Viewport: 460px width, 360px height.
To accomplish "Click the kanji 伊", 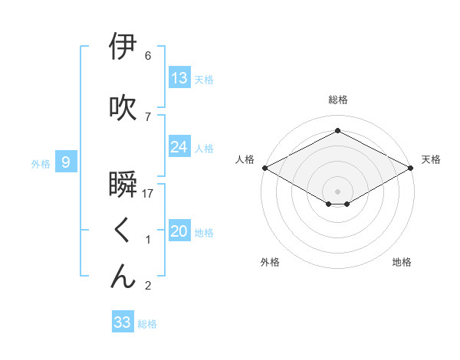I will [123, 47].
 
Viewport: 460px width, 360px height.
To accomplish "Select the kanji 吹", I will [123, 108].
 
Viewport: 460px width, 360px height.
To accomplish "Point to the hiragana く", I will [123, 231].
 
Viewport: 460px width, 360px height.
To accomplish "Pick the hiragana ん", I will [123, 277].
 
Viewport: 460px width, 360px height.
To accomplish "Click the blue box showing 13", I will [179, 78].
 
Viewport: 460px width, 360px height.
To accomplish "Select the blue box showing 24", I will [179, 147].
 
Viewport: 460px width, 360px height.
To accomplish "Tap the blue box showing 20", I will [179, 231].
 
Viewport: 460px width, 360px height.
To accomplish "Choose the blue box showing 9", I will [67, 162].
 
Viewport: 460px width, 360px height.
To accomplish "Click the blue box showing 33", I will [123, 322].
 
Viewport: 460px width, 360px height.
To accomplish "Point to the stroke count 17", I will [148, 194].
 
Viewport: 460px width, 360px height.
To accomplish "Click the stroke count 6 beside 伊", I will [148, 56].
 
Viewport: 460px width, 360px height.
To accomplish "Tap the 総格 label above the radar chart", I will [338, 100].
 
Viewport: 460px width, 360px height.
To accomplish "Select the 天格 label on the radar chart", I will [431, 159].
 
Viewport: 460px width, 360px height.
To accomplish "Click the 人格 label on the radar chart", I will [245, 159].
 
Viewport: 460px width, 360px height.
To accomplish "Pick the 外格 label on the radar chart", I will [270, 262].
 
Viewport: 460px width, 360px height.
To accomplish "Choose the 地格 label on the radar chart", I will [402, 262].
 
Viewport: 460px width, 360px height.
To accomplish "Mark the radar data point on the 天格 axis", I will [412, 167].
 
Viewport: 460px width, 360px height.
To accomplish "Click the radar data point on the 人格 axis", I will [264, 167].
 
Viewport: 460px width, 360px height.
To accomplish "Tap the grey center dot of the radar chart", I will [338, 190].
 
